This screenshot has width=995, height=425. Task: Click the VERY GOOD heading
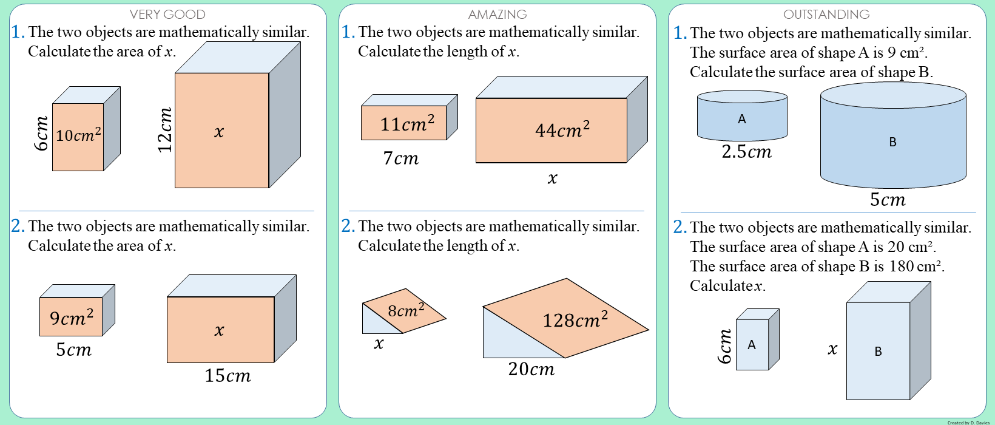(167, 14)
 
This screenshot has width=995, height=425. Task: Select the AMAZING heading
(497, 14)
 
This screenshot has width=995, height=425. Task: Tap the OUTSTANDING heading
(826, 14)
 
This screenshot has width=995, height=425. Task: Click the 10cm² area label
(78, 135)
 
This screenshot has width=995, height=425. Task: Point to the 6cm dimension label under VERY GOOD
(41, 134)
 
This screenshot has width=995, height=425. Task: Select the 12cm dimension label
(165, 130)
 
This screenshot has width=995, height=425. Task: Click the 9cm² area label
(72, 318)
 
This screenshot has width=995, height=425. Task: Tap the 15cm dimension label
(228, 376)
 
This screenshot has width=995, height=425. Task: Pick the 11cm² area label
(407, 124)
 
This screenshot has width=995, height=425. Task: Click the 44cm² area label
(562, 130)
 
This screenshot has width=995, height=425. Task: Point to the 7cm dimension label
(400, 158)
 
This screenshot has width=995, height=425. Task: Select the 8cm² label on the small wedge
(406, 311)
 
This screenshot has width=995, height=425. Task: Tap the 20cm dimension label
(531, 369)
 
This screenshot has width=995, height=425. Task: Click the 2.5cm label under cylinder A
(746, 152)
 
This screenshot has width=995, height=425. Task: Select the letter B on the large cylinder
(892, 142)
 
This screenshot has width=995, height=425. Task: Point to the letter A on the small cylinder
(741, 119)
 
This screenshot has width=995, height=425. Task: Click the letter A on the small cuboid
(752, 345)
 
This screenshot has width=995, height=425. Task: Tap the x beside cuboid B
(832, 348)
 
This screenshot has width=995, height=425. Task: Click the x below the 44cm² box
(552, 178)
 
